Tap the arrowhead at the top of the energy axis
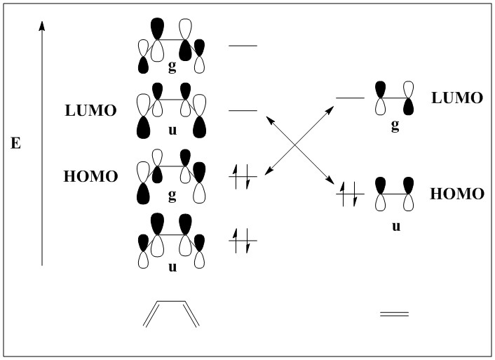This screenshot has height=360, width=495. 42,25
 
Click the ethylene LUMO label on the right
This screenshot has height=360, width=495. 457,98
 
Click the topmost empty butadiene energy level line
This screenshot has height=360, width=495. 243,46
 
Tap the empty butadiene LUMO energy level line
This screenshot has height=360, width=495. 243,111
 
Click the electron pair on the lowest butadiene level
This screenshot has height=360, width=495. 243,240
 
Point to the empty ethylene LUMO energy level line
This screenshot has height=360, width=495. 350,98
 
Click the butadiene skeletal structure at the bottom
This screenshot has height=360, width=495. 171,314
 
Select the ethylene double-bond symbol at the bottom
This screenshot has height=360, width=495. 394,314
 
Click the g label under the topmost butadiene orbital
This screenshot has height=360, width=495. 172,68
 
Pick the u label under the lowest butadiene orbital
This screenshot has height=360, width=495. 172,268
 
